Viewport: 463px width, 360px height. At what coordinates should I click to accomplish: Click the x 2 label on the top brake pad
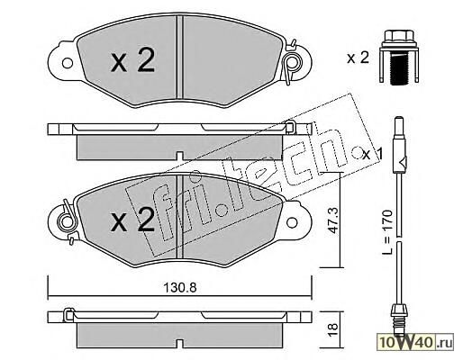(x=132, y=61)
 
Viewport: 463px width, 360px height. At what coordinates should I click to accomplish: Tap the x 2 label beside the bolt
(x=358, y=58)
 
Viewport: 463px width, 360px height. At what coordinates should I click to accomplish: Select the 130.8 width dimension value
(x=180, y=288)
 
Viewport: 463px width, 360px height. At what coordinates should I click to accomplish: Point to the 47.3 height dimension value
(x=333, y=220)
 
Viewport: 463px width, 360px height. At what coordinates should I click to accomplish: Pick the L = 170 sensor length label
(x=387, y=232)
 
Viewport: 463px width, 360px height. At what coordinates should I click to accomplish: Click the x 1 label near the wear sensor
(x=373, y=154)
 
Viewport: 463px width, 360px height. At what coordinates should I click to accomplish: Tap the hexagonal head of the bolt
(x=399, y=36)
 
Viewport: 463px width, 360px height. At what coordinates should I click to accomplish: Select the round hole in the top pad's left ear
(x=68, y=63)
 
